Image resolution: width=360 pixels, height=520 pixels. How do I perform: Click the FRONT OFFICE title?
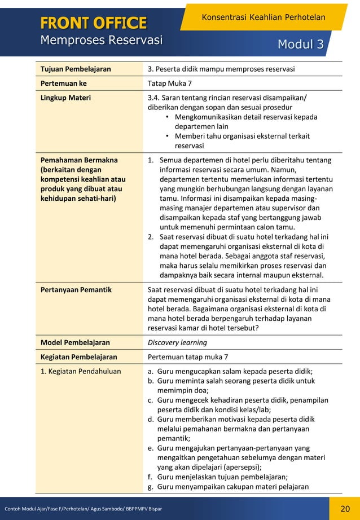click(93, 23)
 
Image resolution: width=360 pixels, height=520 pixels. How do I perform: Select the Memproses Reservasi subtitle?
click(102, 40)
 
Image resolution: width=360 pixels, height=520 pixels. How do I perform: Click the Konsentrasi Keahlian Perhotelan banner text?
click(264, 17)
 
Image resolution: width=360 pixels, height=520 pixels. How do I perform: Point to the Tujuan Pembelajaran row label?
click(76, 69)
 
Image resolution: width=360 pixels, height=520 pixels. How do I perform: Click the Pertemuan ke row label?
click(64, 83)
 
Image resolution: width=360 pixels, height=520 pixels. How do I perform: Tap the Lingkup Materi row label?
click(65, 98)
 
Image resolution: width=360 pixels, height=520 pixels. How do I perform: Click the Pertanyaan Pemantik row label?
click(76, 290)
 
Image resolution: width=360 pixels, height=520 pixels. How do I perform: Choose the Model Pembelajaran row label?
click(75, 342)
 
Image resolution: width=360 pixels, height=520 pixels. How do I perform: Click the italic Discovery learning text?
click(177, 342)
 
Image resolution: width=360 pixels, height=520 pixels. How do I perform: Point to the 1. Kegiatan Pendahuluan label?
click(77, 371)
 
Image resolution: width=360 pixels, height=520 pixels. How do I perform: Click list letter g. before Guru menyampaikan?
click(151, 486)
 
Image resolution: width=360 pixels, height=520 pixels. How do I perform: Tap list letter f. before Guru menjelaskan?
click(151, 477)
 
